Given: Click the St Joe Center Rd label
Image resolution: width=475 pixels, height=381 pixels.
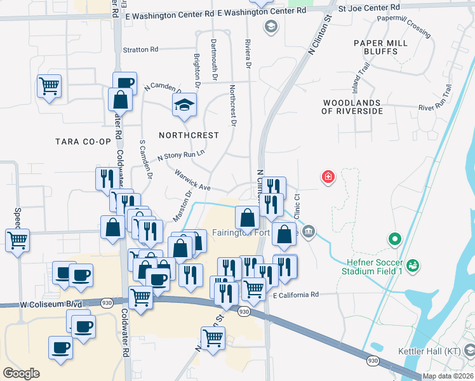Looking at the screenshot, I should (x=369, y=8).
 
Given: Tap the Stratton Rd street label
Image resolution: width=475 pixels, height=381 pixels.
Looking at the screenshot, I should (x=140, y=50).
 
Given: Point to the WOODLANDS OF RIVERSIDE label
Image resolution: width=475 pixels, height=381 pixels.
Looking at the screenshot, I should (x=352, y=107).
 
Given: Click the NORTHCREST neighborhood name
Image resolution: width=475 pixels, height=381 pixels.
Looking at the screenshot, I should (x=189, y=135).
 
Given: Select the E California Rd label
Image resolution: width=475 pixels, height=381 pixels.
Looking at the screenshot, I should (x=295, y=295).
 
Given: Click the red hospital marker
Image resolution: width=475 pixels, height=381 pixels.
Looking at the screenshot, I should (x=328, y=177).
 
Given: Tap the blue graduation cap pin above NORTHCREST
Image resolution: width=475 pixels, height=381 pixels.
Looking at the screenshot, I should (x=184, y=105).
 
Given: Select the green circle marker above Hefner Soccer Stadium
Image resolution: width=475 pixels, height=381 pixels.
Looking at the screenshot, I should (x=395, y=239).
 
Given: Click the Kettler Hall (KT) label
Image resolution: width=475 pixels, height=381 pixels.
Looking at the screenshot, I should (x=442, y=351).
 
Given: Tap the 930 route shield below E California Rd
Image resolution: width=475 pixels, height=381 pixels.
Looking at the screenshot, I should (x=244, y=311).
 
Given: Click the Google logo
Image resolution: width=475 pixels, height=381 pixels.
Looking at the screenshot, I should (x=21, y=373).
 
